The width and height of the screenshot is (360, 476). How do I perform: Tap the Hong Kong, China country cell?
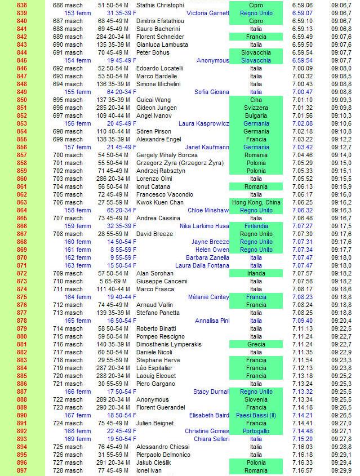coord(256,202)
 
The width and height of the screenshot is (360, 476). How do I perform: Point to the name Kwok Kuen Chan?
coord(160,202)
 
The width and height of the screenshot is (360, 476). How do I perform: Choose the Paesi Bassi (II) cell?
coord(256,415)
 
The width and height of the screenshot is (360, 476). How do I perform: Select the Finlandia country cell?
coord(256,226)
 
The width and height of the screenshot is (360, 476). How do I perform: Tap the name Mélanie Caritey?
coord(208,297)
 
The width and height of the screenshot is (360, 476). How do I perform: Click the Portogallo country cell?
coord(256,431)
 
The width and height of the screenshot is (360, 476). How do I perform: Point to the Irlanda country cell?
coord(256,273)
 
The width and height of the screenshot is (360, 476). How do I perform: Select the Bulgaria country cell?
coord(256,115)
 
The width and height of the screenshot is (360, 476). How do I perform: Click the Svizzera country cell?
coord(256,108)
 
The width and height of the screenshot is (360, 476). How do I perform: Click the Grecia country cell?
coord(256,344)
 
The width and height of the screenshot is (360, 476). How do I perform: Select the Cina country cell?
coord(256,100)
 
